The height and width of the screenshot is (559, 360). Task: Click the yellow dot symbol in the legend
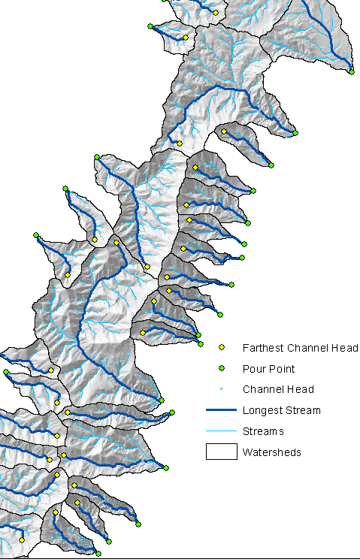point(221,348)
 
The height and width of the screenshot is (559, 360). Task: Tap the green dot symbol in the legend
point(221,369)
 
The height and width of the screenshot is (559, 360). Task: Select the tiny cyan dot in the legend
point(221,389)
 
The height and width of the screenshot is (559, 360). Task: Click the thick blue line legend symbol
point(222,410)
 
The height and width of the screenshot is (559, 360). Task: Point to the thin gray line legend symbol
point(222,431)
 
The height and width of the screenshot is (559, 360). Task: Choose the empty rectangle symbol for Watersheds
point(222,452)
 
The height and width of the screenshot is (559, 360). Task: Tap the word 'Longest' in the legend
point(259,410)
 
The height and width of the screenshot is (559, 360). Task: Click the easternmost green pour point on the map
point(352,71)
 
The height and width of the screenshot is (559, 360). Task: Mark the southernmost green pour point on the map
point(98,554)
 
